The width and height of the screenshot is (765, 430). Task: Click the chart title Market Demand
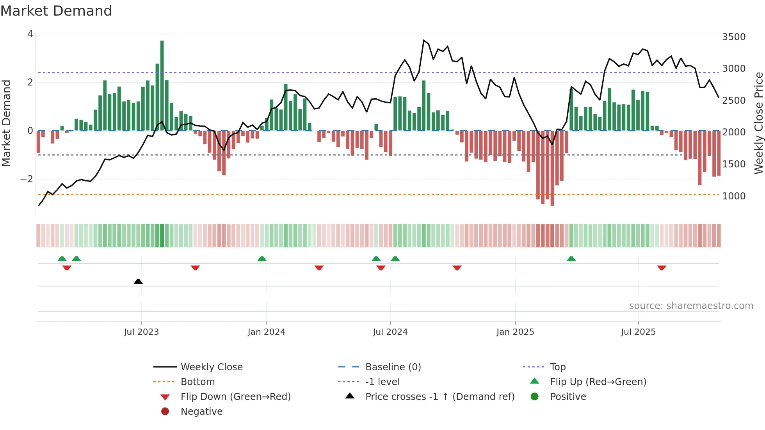[56, 11]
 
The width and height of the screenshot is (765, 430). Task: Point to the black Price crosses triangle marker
[138, 281]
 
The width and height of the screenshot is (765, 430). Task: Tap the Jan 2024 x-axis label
[266, 332]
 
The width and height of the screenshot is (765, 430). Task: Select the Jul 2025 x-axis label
[638, 332]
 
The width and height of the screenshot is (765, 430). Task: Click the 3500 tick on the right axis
[734, 37]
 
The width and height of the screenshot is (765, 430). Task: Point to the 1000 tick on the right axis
[734, 196]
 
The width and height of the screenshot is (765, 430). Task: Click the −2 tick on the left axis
[27, 179]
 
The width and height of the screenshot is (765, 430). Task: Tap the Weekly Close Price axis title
[758, 123]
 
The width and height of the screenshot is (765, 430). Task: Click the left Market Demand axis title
[6, 123]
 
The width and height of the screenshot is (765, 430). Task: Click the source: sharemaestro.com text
[691, 306]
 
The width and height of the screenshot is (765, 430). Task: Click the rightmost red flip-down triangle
[662, 268]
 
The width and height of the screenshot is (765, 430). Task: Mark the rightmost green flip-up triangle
[571, 259]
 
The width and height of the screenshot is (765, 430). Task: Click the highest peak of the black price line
[423, 41]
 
